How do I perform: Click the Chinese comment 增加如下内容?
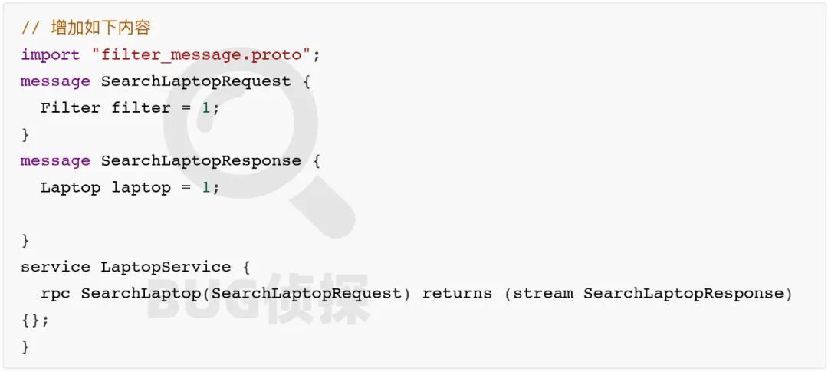[100, 28]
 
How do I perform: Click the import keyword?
[51, 55]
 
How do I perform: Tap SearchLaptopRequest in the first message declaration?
[196, 81]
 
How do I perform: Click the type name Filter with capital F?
[71, 108]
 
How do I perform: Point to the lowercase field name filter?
[141, 108]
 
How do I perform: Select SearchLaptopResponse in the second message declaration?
[201, 161]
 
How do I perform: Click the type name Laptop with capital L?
[71, 188]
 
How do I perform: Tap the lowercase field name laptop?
[141, 188]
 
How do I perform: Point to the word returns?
[457, 294]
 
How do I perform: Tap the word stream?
[543, 294]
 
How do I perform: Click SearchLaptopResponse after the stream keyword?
[684, 294]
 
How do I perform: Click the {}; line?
[35, 320]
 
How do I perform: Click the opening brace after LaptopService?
[246, 267]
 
